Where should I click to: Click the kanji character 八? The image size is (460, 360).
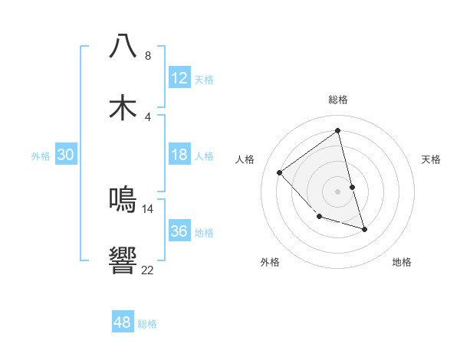click(123, 47)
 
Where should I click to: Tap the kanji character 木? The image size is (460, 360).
click(123, 107)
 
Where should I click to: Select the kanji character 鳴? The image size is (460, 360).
click(123, 199)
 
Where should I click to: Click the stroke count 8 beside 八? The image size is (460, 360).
click(148, 56)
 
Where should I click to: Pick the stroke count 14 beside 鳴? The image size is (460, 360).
click(148, 208)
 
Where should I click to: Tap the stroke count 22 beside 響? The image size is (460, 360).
click(148, 270)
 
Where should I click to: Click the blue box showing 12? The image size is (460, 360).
click(179, 78)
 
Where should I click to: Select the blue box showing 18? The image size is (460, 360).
click(179, 155)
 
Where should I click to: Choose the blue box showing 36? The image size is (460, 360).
click(179, 231)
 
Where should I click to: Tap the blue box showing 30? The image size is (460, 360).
click(66, 155)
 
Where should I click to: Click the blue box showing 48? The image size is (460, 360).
click(123, 322)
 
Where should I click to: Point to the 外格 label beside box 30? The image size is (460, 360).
click(41, 156)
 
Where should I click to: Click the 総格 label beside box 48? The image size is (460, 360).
click(147, 324)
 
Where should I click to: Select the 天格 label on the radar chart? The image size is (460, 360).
click(432, 159)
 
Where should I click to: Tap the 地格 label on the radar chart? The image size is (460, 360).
click(402, 262)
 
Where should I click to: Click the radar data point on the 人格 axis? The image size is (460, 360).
click(280, 172)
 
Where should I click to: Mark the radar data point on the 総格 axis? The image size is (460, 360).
click(337, 131)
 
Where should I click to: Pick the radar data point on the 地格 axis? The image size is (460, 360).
click(365, 229)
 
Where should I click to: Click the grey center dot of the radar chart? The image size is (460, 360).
click(337, 191)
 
